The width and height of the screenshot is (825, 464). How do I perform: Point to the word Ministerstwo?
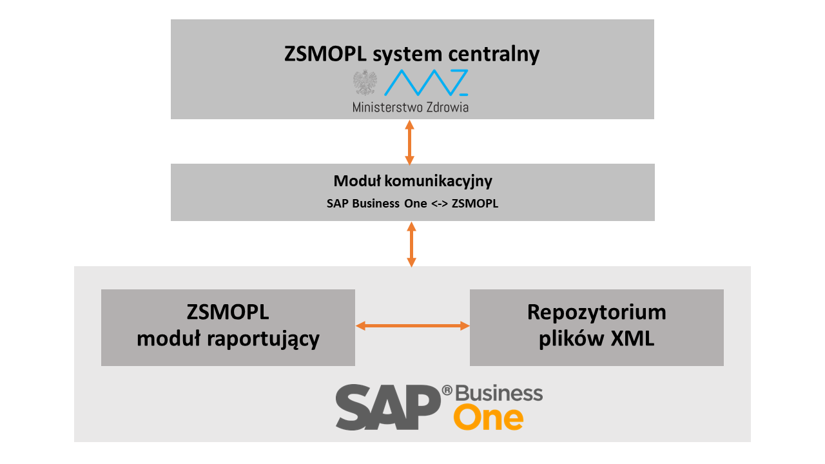[387, 107]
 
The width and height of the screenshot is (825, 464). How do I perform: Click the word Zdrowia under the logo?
[447, 107]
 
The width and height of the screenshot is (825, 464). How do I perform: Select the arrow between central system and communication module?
[409, 142]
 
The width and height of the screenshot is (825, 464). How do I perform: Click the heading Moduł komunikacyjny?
[412, 181]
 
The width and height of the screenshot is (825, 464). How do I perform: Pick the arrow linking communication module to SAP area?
[411, 244]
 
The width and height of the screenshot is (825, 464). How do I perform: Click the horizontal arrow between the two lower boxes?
[412, 326]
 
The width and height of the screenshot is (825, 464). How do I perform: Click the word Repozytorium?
[596, 313]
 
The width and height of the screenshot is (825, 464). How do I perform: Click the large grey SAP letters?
[387, 407]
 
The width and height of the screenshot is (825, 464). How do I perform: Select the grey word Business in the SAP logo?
[500, 393]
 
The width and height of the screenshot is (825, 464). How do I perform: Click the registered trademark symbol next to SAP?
[447, 391]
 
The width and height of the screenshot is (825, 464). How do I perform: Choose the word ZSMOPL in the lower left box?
[228, 313]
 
